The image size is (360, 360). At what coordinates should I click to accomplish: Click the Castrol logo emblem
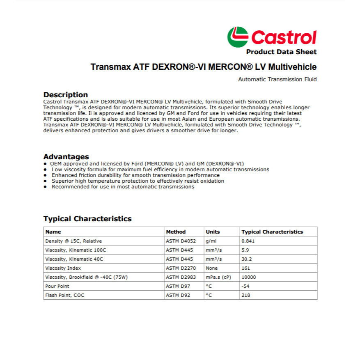238,37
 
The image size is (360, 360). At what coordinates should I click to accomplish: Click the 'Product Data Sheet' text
281,52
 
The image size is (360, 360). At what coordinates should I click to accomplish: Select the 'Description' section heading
66,95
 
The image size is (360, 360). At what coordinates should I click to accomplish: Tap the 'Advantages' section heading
66,157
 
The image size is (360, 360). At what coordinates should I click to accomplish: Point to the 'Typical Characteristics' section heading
87,219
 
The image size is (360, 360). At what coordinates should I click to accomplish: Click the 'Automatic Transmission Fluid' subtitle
277,80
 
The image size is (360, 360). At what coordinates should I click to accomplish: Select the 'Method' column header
176,232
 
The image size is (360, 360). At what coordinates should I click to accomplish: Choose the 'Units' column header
213,232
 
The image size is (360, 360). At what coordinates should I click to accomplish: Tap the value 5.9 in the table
245,250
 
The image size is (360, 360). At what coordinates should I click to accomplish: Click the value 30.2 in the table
246,259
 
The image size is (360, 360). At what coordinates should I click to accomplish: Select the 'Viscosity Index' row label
63,268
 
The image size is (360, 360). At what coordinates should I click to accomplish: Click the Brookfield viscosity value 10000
249,277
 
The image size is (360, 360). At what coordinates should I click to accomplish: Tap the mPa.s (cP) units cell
218,277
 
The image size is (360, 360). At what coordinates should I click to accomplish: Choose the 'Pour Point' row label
57,286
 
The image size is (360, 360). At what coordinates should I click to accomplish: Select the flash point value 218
246,295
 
